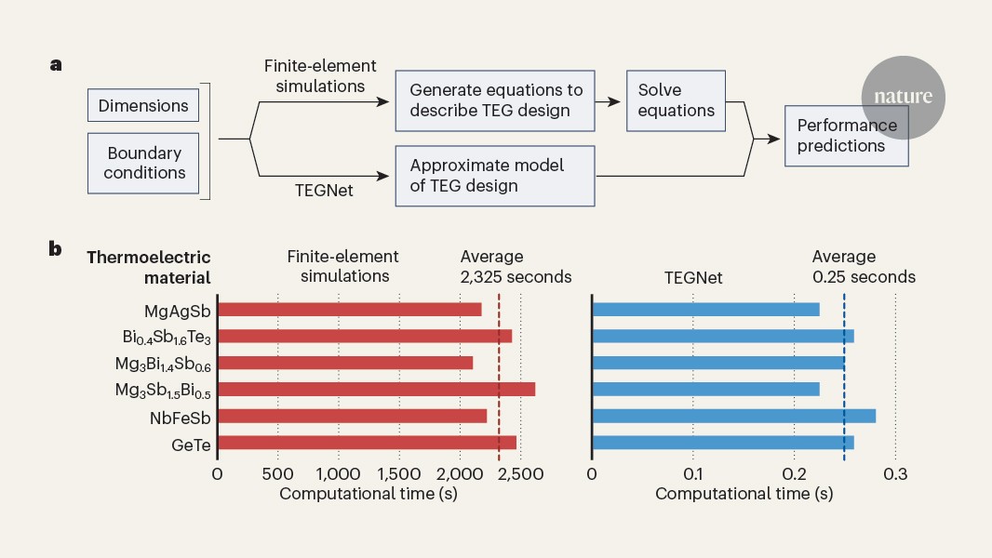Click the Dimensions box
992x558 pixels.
coord(143,105)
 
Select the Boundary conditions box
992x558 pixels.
coord(143,162)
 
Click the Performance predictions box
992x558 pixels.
coord(846,136)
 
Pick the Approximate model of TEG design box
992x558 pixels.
coord(495,175)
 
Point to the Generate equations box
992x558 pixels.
coord(495,100)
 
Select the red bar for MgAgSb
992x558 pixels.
coord(350,310)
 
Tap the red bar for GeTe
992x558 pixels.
coord(367,443)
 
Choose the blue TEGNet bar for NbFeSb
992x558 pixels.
coord(733,416)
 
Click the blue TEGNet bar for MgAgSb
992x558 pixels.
coord(705,310)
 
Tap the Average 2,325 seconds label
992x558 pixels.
coord(516,267)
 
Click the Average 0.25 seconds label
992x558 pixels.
coord(863,267)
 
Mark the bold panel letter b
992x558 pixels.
coord(56,249)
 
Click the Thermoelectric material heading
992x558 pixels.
coord(149,267)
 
